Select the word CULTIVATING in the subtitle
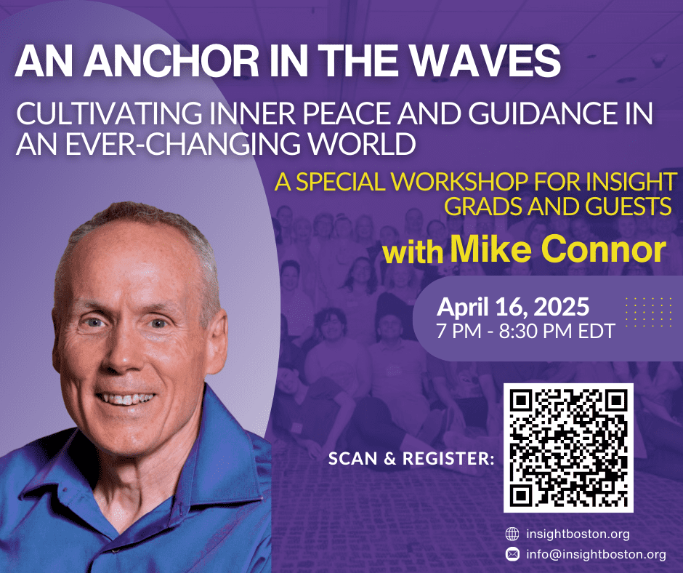(x=109, y=113)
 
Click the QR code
(x=568, y=448)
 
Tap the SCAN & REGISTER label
(x=411, y=458)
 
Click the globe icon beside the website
(x=512, y=534)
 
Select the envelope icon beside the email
(x=512, y=554)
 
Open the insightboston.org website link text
(x=578, y=534)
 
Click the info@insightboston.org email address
(x=596, y=554)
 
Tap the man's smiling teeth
(x=126, y=398)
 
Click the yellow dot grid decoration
(x=649, y=312)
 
